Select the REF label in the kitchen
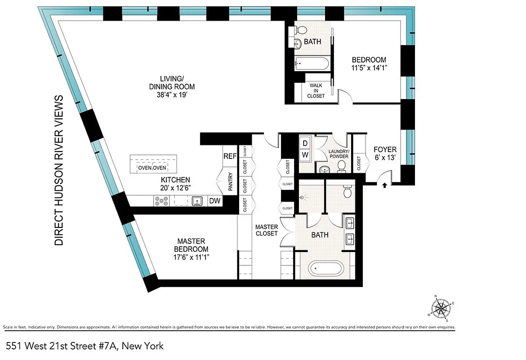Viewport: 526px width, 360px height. point(230,157)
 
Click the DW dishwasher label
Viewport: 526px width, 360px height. point(215,201)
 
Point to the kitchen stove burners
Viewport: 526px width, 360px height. point(161,201)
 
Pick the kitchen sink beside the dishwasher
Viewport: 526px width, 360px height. point(197,201)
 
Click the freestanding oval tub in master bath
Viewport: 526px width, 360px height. point(326,270)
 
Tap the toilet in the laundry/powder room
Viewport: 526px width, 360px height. point(342,166)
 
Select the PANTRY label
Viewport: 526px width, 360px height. point(230,182)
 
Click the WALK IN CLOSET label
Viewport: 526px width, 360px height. point(316,90)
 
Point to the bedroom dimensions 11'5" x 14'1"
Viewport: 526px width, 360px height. point(369,68)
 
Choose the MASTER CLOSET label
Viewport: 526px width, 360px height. point(267,230)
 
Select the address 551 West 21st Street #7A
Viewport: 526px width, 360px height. point(85,346)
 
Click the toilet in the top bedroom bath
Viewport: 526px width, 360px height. point(302,30)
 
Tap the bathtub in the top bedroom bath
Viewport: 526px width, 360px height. point(312,63)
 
